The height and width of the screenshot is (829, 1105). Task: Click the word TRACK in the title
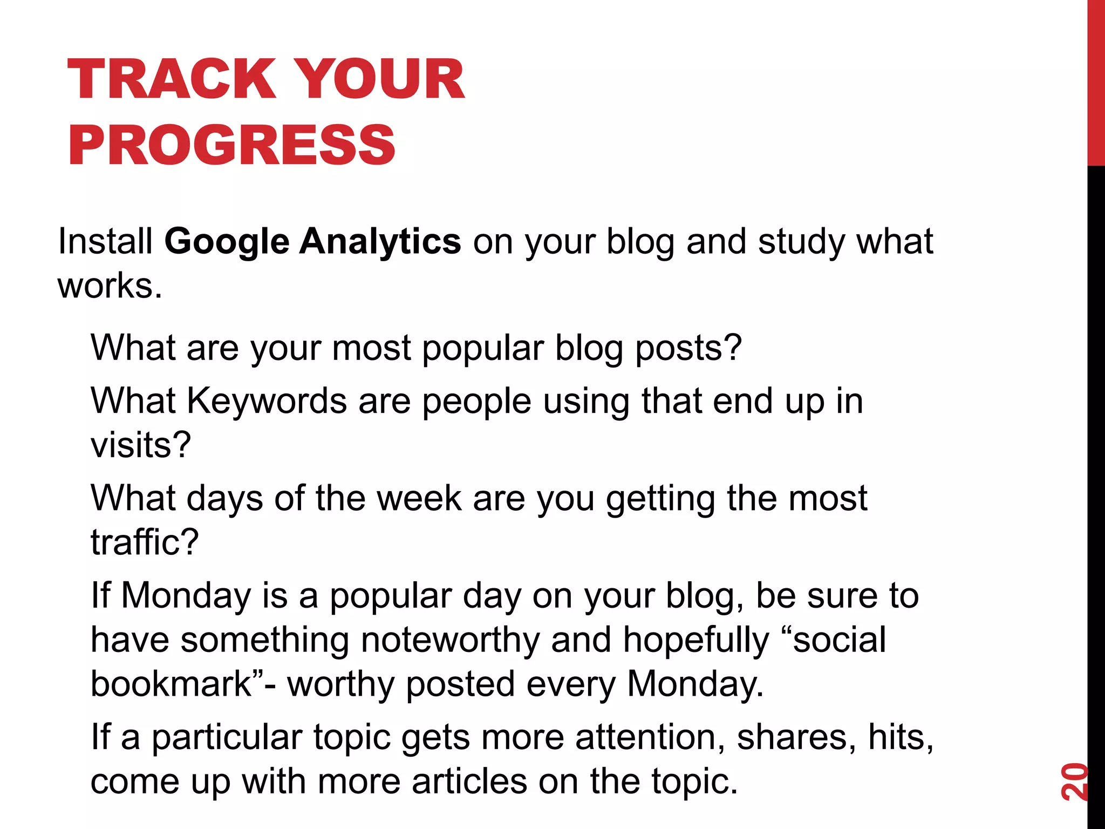coord(172,79)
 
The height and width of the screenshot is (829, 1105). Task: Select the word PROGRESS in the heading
coord(232,145)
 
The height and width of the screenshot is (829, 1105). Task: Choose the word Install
coord(106,241)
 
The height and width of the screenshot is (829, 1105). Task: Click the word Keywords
coord(267,401)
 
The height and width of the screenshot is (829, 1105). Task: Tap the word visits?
coord(141,445)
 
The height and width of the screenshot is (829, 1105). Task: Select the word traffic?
coord(145,542)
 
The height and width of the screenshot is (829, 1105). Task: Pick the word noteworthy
coord(450,640)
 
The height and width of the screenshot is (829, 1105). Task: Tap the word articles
coord(469,782)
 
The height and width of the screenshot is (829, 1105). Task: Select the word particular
coord(226,739)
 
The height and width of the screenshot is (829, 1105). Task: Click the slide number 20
coord(1074,782)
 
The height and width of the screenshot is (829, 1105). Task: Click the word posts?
coord(688,349)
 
